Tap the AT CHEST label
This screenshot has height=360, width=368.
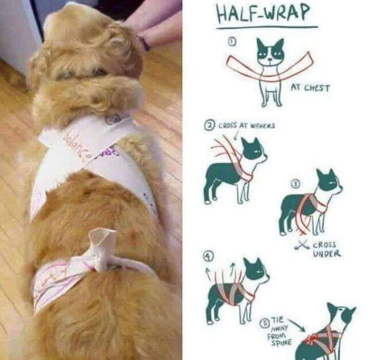310,88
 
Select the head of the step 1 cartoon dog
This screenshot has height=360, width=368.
270,52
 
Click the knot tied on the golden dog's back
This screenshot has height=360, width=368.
103,251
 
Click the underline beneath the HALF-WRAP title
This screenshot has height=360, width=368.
267,28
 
